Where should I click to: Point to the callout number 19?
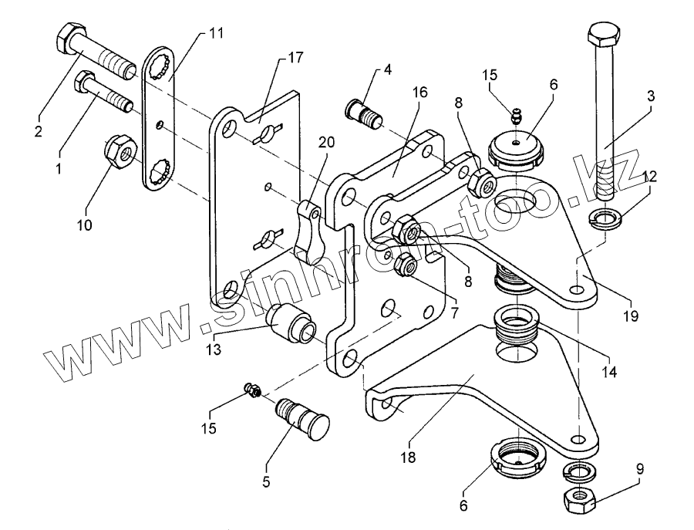point(631,316)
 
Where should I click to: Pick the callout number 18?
point(409,457)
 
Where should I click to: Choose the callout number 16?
point(419,93)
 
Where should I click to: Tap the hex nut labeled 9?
point(577,500)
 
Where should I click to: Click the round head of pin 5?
point(315,425)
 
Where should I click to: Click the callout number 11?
point(216,33)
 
